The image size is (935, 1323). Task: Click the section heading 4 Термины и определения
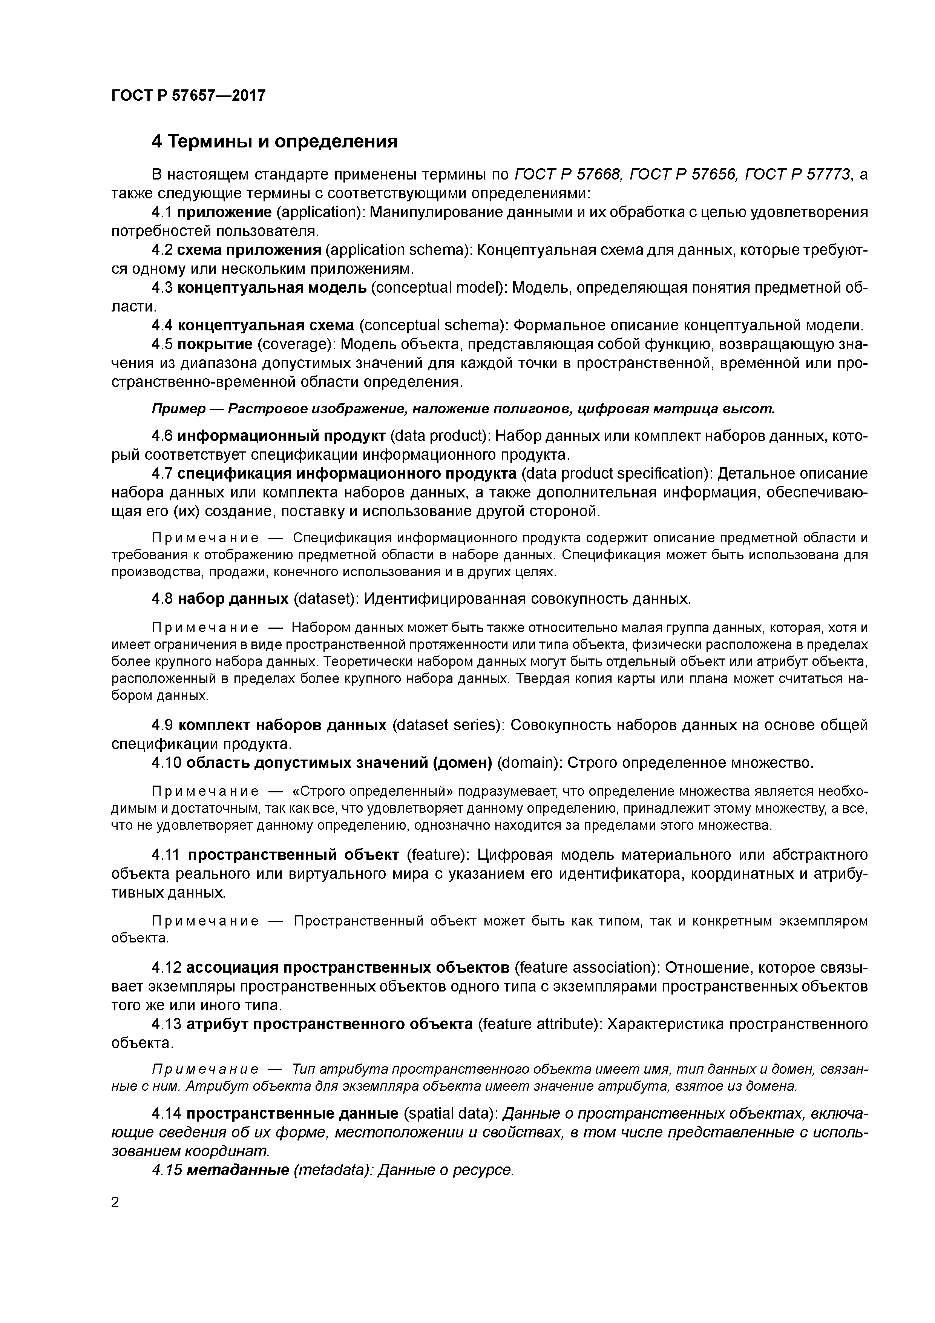(x=274, y=141)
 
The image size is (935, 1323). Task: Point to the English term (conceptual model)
(x=437, y=287)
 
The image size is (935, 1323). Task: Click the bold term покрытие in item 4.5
(x=215, y=344)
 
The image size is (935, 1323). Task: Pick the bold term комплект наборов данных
(x=282, y=724)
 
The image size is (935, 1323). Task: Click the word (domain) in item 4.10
(x=529, y=763)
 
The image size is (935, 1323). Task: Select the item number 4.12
(x=166, y=967)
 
